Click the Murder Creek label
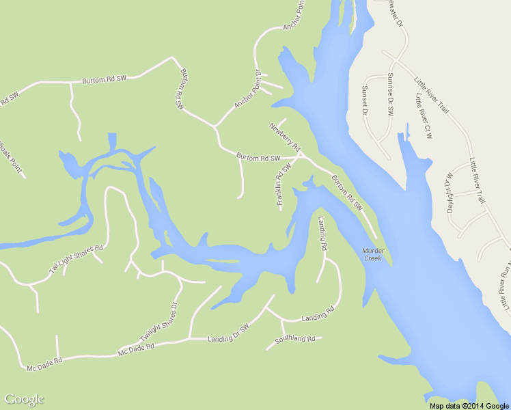tap(373, 254)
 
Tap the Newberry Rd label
tap(285, 136)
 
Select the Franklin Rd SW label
tap(284, 184)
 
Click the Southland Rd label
tap(294, 339)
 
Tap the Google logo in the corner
tap(24, 399)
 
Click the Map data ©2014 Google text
tap(469, 406)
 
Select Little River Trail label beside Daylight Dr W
tap(477, 180)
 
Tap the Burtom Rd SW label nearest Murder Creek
tap(346, 193)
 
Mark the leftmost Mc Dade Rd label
tap(44, 365)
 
